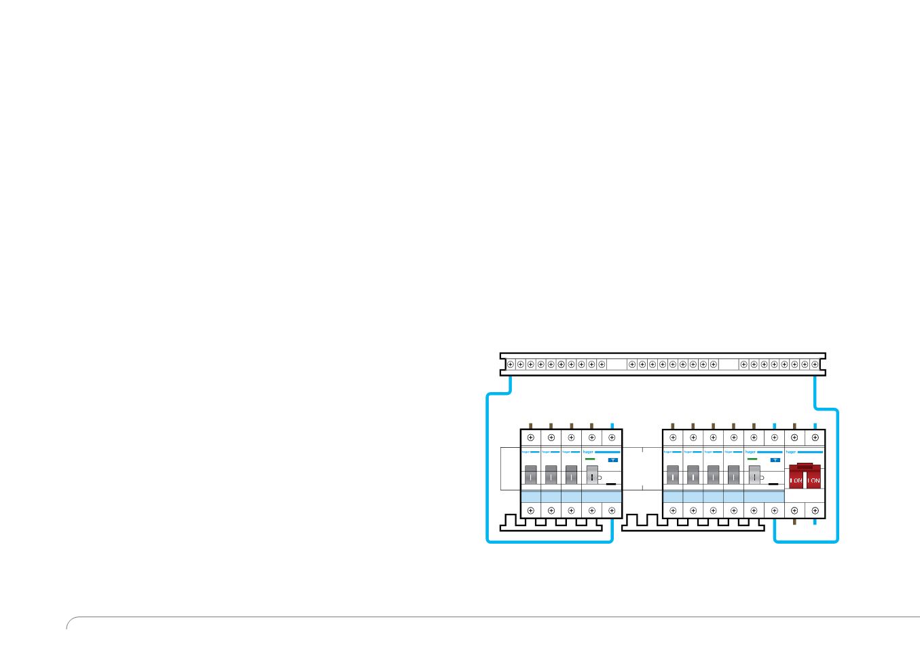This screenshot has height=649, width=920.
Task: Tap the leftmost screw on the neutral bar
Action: (511, 364)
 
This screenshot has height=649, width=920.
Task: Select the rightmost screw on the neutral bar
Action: (815, 364)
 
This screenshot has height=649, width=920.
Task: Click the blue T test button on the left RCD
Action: (613, 460)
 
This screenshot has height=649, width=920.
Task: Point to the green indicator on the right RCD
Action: (752, 460)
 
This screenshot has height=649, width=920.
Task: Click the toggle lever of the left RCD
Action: (592, 476)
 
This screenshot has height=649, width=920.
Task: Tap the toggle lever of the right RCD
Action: (754, 476)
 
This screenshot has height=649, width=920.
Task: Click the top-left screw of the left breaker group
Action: (531, 438)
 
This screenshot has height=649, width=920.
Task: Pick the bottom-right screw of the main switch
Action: (815, 511)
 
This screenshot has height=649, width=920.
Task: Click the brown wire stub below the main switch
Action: (794, 523)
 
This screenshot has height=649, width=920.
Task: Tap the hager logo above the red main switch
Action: (791, 451)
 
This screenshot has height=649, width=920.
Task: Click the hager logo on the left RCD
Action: (588, 451)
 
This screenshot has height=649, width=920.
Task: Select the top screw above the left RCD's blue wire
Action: (612, 438)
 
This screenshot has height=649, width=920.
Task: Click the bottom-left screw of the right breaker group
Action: (673, 511)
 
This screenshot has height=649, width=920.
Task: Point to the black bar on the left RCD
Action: (611, 485)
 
